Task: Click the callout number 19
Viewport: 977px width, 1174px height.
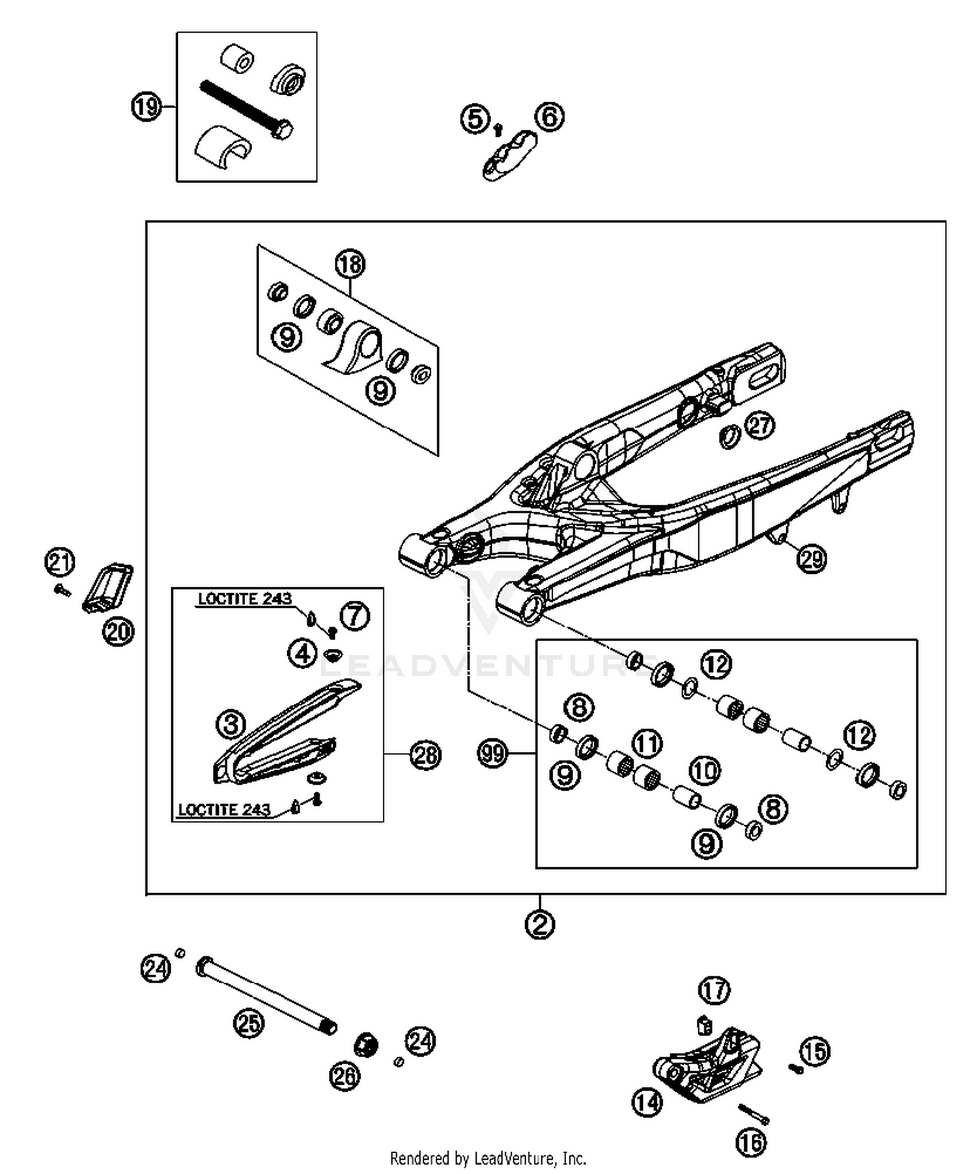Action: pyautogui.click(x=146, y=106)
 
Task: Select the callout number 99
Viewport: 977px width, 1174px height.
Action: pyautogui.click(x=492, y=754)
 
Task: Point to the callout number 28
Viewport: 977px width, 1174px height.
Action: pyautogui.click(x=425, y=755)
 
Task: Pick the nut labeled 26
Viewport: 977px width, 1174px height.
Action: pyautogui.click(x=365, y=1045)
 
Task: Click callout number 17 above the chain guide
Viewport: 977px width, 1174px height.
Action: pyautogui.click(x=714, y=990)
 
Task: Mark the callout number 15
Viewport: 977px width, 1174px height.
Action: pyautogui.click(x=815, y=1050)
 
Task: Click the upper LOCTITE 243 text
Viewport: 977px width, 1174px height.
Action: pyautogui.click(x=244, y=598)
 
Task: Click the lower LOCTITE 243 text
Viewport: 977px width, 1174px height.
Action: pyautogui.click(x=224, y=809)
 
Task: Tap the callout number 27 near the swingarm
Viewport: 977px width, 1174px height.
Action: pyautogui.click(x=759, y=425)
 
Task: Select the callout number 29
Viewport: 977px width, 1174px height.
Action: pyautogui.click(x=812, y=558)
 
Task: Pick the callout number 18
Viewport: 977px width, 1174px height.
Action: pyautogui.click(x=350, y=264)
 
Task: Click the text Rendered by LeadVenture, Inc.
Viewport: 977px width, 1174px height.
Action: pyautogui.click(x=488, y=1158)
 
